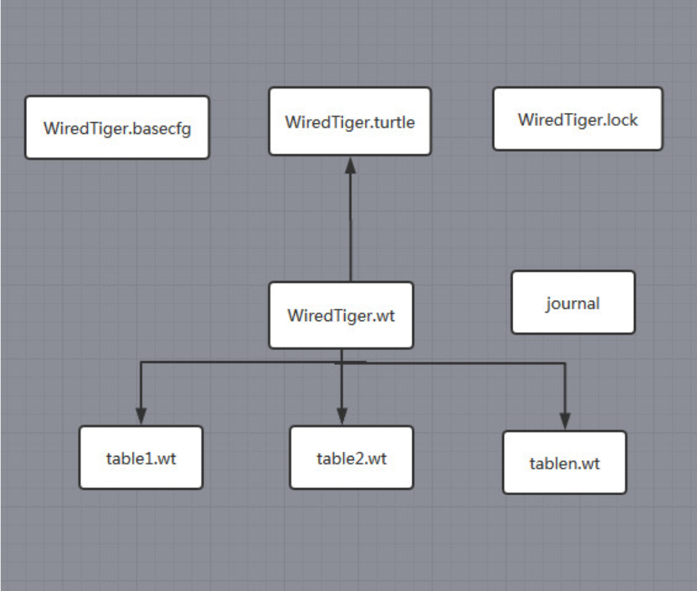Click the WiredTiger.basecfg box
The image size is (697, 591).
[117, 127]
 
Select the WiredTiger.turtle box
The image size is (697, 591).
[350, 121]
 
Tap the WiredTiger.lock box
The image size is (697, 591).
[578, 119]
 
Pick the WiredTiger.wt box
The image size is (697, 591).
[341, 315]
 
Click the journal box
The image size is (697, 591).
[573, 303]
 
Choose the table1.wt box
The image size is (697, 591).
[140, 458]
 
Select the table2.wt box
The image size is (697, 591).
[351, 458]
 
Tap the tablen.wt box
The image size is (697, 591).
[564, 462]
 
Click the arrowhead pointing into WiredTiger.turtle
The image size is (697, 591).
[350, 164]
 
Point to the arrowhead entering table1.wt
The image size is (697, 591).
[140, 416]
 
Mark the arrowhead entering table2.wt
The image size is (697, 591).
[341, 416]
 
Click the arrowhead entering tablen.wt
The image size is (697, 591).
[565, 420]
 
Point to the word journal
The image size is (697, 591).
[573, 303]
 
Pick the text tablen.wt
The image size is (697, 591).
[564, 464]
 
